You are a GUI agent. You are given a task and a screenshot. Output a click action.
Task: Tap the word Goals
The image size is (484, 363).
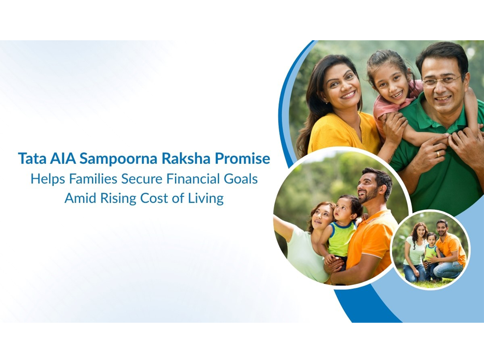241,179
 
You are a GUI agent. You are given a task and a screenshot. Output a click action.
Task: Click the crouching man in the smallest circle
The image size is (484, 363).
448,248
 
